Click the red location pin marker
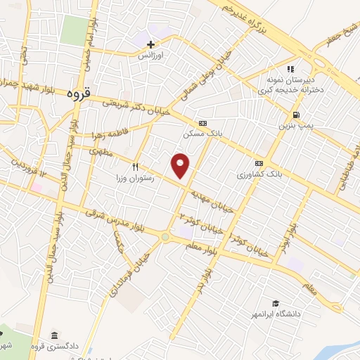coord(181,165)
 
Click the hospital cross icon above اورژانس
coord(150,44)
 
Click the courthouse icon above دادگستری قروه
coord(54,334)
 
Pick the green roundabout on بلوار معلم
coord(165,238)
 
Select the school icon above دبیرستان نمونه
coord(290,69)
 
